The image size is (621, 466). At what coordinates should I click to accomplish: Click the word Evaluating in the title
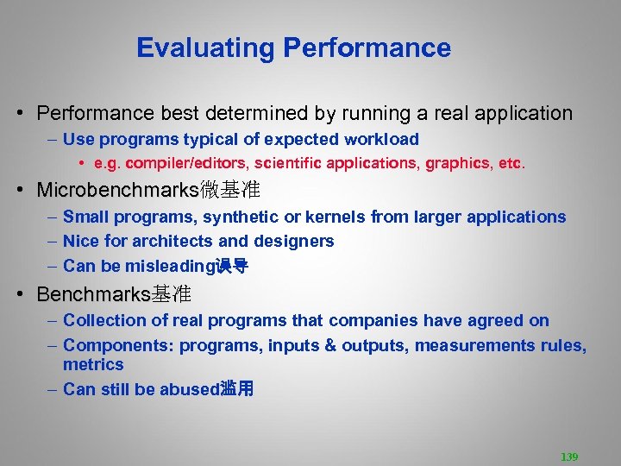(x=204, y=47)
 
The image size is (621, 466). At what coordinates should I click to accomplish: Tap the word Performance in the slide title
(x=367, y=47)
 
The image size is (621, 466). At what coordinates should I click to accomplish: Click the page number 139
(x=569, y=457)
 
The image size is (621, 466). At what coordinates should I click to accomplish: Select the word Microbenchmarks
(x=117, y=190)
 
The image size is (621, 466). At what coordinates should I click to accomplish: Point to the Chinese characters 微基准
(x=229, y=190)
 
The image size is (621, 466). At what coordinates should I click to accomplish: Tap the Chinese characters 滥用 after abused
(x=237, y=389)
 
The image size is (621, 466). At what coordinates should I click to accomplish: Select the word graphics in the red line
(x=462, y=162)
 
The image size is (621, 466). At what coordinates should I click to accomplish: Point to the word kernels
(x=336, y=217)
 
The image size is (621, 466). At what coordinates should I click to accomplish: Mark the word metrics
(x=93, y=364)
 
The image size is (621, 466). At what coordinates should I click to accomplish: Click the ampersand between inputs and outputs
(x=329, y=345)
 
